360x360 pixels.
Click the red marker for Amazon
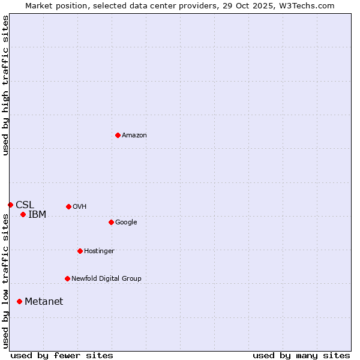pyautogui.click(x=118, y=135)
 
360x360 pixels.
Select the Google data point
pyautogui.click(x=111, y=222)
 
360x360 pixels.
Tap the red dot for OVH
pyautogui.click(x=68, y=206)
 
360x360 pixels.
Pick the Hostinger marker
pyautogui.click(x=80, y=251)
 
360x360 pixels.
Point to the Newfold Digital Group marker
pyautogui.click(x=67, y=278)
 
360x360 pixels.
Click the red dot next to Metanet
pyautogui.click(x=19, y=301)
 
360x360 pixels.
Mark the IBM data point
pyautogui.click(x=23, y=214)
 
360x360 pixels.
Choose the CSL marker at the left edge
pyautogui.click(x=10, y=205)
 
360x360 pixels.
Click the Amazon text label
pyautogui.click(x=134, y=136)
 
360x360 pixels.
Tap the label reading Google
pyautogui.click(x=126, y=223)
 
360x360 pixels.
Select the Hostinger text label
pyautogui.click(x=99, y=251)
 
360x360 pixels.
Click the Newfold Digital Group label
pyautogui.click(x=106, y=279)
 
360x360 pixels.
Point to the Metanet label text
pyautogui.click(x=44, y=302)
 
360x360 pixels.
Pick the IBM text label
pyautogui.click(x=37, y=215)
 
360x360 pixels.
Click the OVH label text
pyautogui.click(x=80, y=207)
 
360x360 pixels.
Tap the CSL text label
pyautogui.click(x=25, y=205)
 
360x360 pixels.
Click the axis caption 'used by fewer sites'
pyautogui.click(x=62, y=355)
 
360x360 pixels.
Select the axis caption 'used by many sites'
pyautogui.click(x=301, y=355)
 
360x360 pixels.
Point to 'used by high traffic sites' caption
pyautogui.click(x=5, y=85)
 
